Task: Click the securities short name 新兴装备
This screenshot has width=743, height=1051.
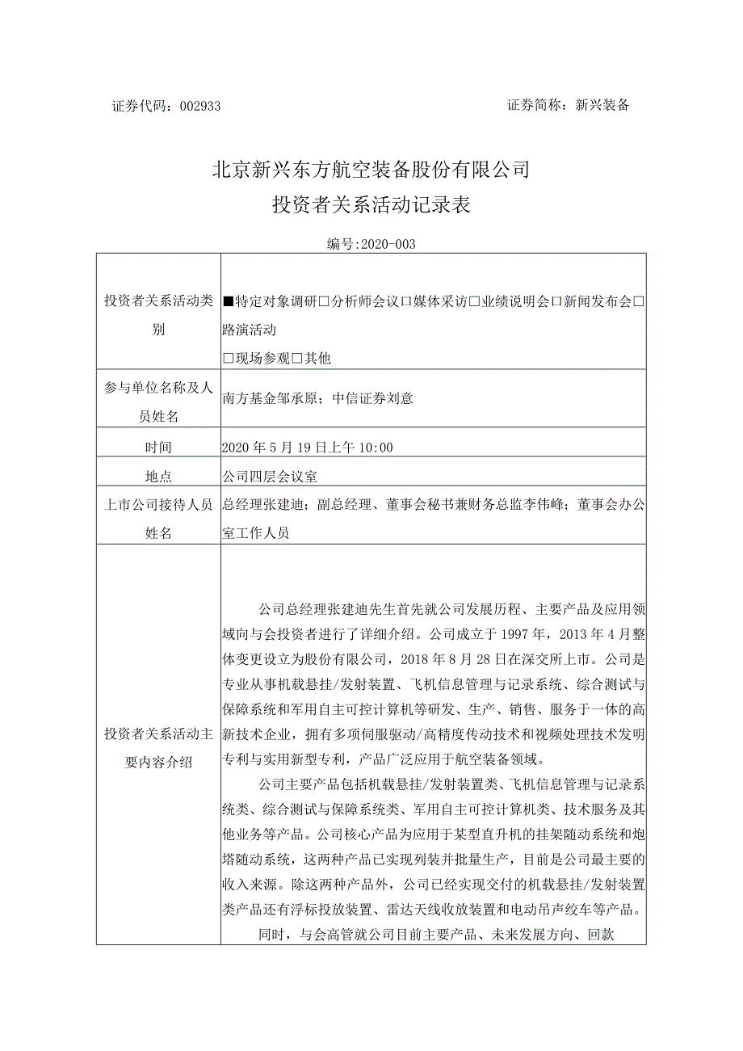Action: pos(601,105)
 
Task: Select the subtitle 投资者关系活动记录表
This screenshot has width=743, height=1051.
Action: pos(371,206)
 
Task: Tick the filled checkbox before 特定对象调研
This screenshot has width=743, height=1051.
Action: pos(229,302)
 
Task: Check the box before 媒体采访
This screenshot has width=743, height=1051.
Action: pos(407,302)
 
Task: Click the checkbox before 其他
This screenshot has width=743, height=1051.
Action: pos(297,358)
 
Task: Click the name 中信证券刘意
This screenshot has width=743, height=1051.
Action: pos(372,397)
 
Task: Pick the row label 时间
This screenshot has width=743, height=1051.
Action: pos(159,447)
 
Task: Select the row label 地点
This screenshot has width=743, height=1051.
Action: pos(159,477)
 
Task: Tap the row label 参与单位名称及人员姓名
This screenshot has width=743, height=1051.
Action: pos(159,401)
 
